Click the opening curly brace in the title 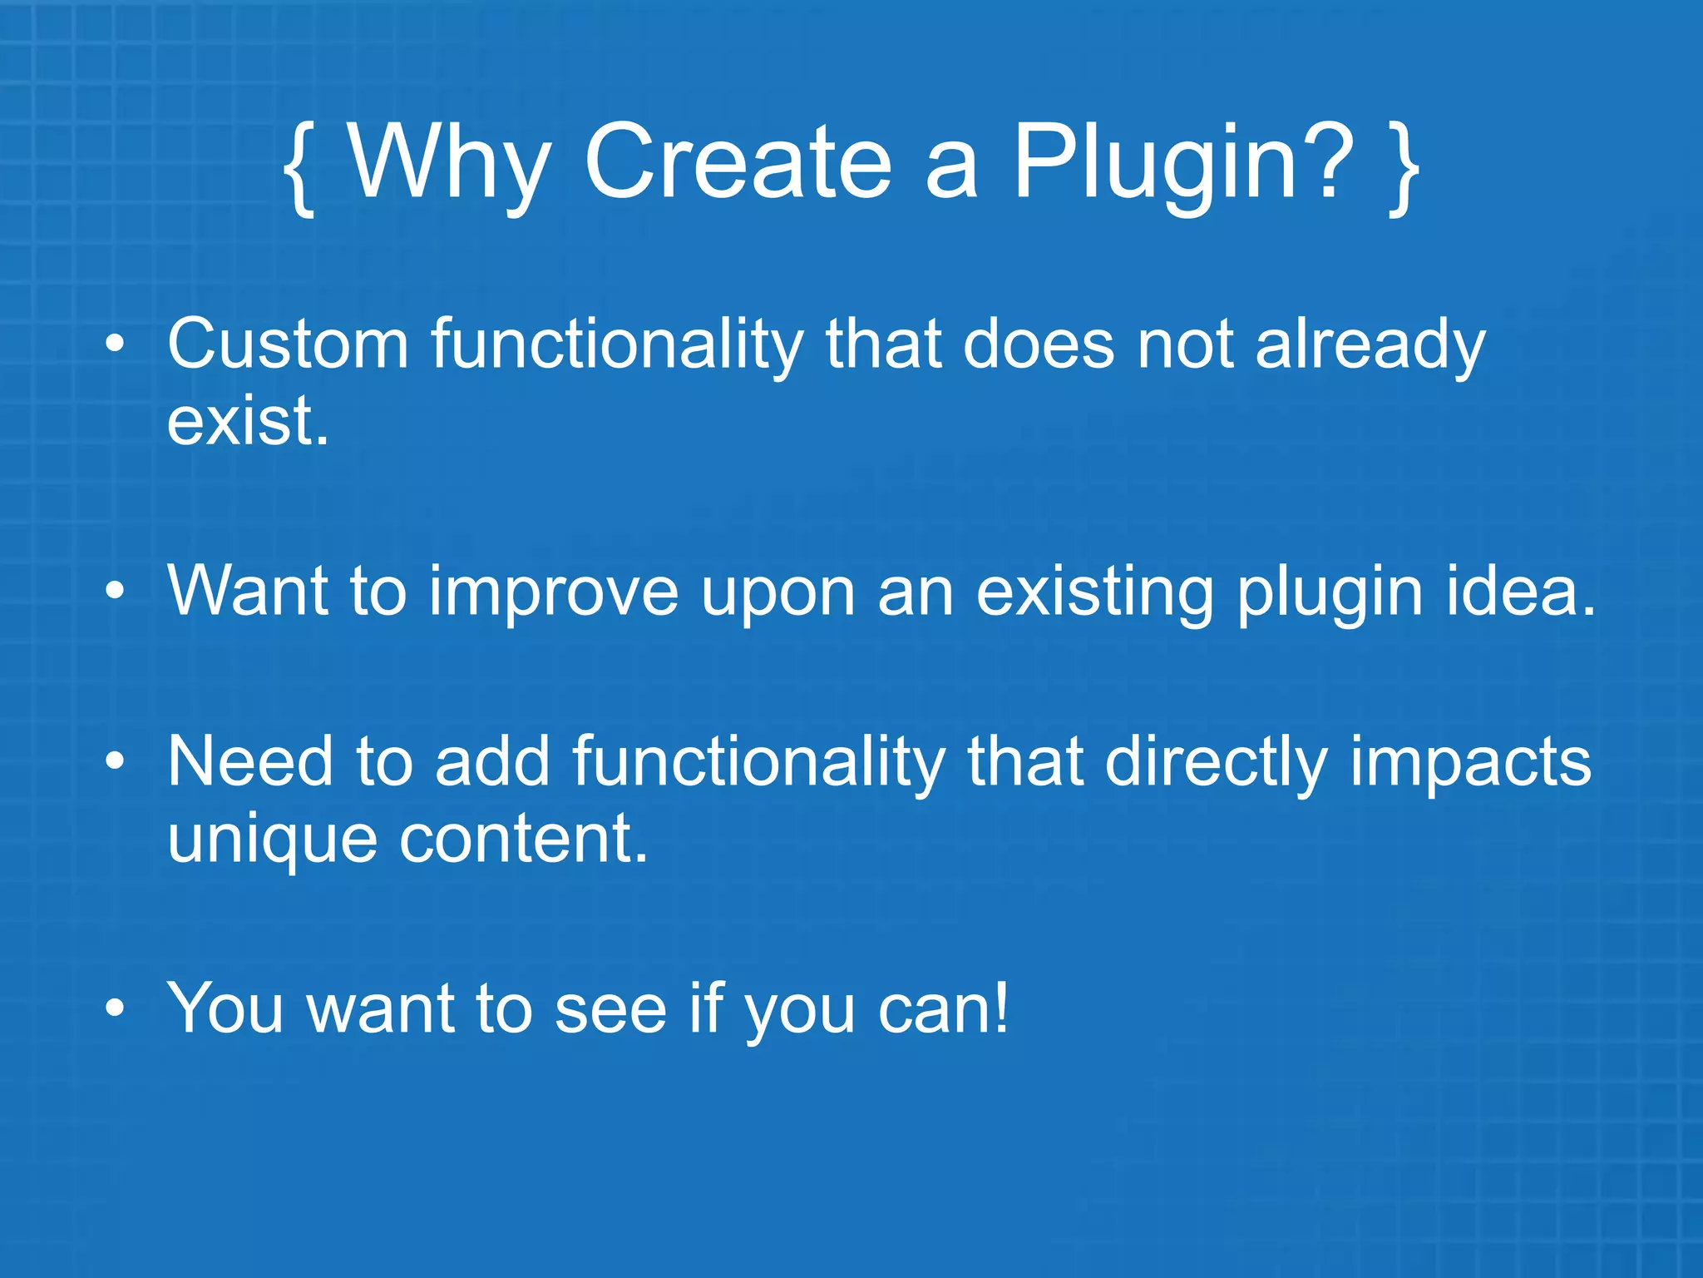[299, 166]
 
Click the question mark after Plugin [1330, 158]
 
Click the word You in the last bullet [226, 1008]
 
